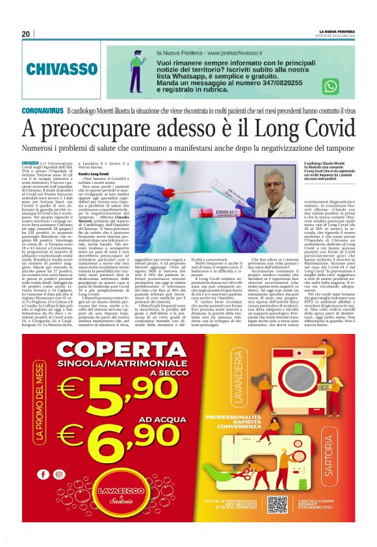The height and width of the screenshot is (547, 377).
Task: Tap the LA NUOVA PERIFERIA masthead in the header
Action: coord(336,31)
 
